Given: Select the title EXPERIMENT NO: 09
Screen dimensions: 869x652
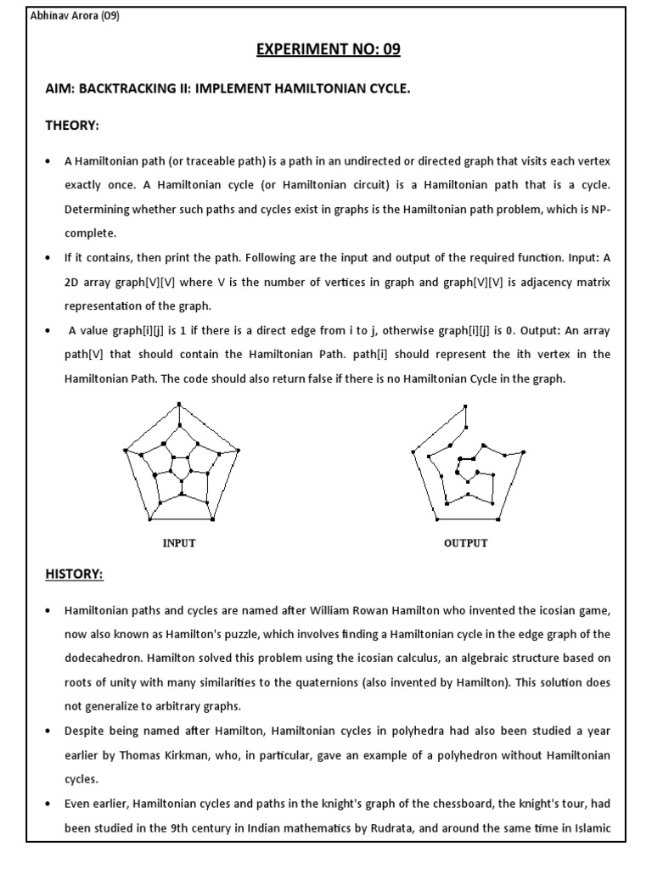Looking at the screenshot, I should point(328,50).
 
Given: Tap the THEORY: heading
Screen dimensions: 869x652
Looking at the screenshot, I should point(72,126).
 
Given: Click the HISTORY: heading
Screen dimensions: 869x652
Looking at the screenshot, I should point(74,575).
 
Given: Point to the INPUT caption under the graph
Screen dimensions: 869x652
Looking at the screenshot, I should point(179,543).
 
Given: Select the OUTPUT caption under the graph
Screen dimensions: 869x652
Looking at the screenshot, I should point(465,543).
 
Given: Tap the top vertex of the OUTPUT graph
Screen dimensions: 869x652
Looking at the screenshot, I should point(464,407).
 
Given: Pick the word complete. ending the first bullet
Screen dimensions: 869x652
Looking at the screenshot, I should point(89,232).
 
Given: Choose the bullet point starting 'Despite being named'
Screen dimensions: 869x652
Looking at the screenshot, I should point(48,731).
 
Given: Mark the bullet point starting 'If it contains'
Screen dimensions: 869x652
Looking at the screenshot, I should point(48,256).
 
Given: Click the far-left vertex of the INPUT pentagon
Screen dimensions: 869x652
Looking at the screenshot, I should point(124,450).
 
